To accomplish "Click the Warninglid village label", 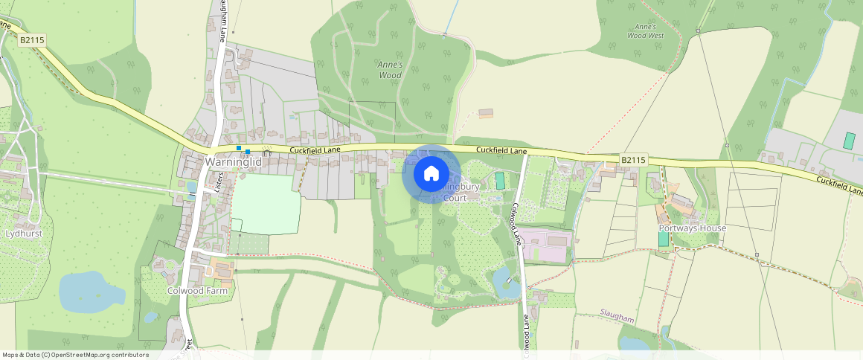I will point(233,161).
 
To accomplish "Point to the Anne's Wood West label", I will point(645,30).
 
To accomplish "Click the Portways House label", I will point(691,228).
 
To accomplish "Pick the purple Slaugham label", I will point(617,318).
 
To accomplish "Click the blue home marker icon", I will point(431,174).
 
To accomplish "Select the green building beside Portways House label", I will point(663,239).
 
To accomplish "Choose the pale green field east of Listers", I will point(266,204).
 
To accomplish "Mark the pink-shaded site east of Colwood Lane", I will point(545,245).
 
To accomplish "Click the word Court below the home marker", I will point(455,198).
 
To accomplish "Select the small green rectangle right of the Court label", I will point(500,180).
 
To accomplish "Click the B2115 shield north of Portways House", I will point(632,160).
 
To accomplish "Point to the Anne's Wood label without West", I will point(390,70).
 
